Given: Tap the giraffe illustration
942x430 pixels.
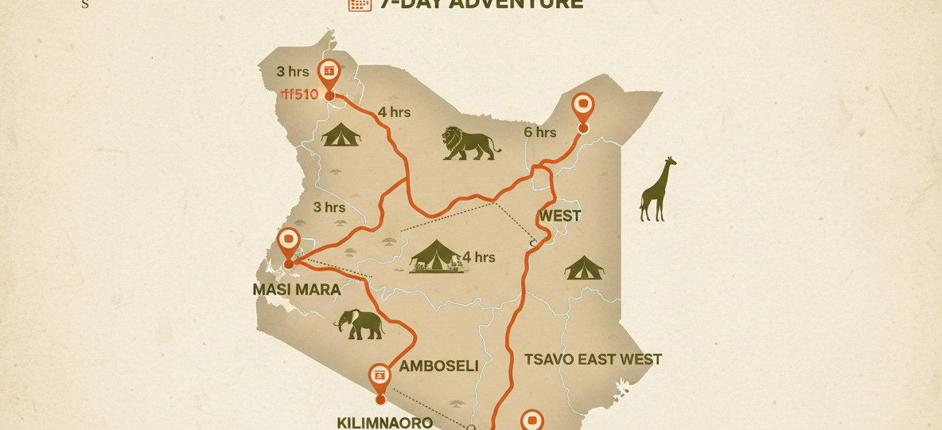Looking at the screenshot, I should [658, 190].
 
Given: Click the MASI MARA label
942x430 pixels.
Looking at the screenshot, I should [297, 290].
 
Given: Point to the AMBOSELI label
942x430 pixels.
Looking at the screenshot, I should [438, 366].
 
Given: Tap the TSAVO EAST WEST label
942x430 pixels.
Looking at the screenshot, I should [593, 359].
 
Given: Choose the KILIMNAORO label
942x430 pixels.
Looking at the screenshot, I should [385, 422].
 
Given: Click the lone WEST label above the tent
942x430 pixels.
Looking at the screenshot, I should [559, 216].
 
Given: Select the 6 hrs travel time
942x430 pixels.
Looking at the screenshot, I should [540, 132].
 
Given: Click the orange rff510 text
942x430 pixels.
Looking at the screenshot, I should [300, 95].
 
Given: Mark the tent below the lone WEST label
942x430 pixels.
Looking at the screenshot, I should [584, 268].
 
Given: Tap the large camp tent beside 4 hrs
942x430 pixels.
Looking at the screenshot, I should [436, 256].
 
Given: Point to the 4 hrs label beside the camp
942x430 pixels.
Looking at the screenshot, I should [479, 257].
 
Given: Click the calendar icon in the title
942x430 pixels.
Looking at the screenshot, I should [360, 4].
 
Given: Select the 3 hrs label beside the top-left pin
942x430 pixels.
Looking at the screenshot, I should [292, 71].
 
